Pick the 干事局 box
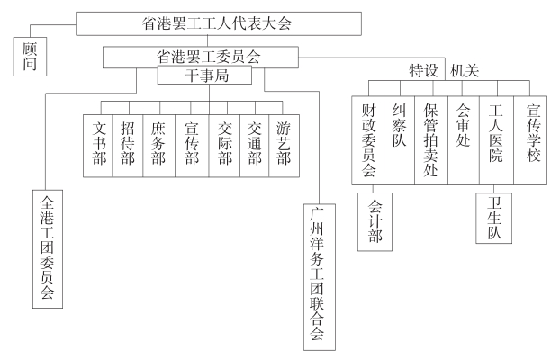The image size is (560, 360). click(x=209, y=77)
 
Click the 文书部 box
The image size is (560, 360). click(x=98, y=144)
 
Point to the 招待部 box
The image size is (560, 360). click(x=128, y=144)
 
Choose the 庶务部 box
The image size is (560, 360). click(x=159, y=144)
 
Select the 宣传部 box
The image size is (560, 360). click(x=191, y=144)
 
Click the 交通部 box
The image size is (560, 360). click(x=254, y=144)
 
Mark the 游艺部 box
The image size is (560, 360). click(x=285, y=144)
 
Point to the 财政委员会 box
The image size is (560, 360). click(x=368, y=140)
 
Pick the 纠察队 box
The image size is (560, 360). click(x=399, y=140)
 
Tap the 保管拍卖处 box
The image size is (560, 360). click(x=431, y=140)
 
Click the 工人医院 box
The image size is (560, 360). click(x=494, y=140)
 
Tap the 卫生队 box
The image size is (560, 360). click(x=494, y=217)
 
